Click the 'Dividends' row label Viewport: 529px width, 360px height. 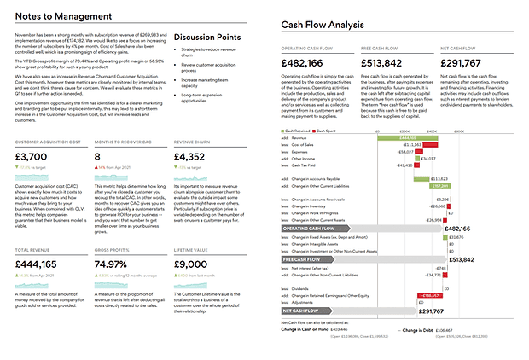pos(302,288)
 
